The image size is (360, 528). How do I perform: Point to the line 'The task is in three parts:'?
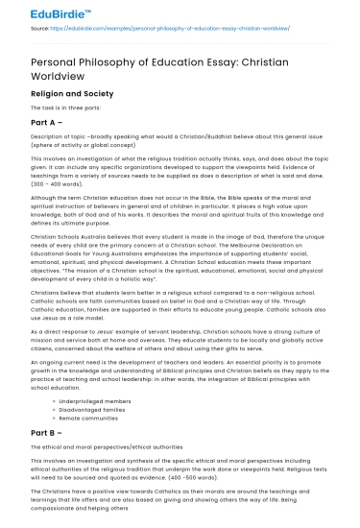tap(67, 109)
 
